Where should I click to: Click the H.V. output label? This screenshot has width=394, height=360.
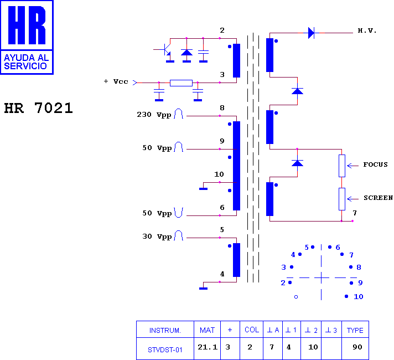(x=367, y=30)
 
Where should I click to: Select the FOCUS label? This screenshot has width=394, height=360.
(x=375, y=164)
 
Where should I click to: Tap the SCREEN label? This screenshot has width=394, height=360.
(x=378, y=198)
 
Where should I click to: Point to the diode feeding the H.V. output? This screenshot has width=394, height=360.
(x=311, y=33)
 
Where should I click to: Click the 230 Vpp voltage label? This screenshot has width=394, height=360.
(x=154, y=115)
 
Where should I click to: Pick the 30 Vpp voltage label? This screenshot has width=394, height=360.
(x=157, y=236)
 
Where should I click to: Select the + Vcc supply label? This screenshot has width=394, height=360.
(x=116, y=81)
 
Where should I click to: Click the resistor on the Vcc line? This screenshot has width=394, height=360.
(x=181, y=83)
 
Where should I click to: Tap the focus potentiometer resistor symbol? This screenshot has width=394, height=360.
(x=342, y=166)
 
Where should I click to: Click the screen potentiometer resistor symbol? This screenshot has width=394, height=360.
(x=342, y=199)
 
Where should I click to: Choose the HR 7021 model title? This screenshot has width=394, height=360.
(x=38, y=108)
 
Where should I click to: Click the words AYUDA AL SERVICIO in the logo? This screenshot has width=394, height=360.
(x=26, y=61)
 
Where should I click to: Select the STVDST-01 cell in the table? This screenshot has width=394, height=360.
(x=165, y=350)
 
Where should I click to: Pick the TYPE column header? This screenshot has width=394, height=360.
(x=355, y=330)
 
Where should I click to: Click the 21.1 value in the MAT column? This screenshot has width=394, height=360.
(x=208, y=347)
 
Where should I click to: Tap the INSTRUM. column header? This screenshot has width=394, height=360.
(x=165, y=330)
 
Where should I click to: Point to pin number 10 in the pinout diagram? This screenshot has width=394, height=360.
(x=359, y=297)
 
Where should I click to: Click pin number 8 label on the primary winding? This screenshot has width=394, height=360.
(x=222, y=107)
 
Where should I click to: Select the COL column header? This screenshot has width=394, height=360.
(x=252, y=330)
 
